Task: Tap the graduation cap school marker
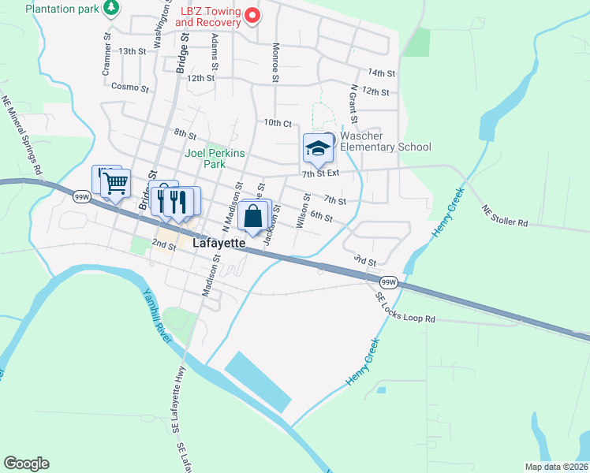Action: click(x=317, y=148)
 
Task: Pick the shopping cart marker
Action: click(x=116, y=183)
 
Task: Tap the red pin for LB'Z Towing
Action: click(x=252, y=15)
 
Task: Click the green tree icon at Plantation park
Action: click(x=112, y=8)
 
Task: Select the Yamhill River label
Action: click(x=157, y=315)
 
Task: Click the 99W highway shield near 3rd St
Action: click(x=387, y=281)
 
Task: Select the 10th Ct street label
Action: click(x=278, y=123)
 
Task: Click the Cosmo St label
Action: click(x=130, y=87)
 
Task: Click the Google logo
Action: click(x=26, y=464)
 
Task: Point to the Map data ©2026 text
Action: click(x=557, y=467)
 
